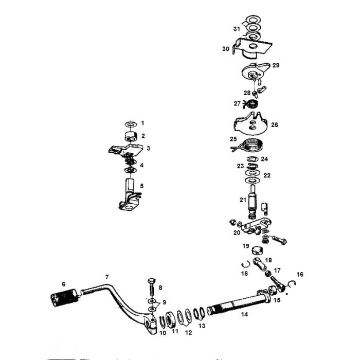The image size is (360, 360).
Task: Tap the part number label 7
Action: [x=107, y=277]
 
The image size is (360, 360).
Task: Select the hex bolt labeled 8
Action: [x=152, y=288]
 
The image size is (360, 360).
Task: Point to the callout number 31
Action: [x=237, y=29]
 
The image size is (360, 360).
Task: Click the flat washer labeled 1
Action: [x=131, y=124]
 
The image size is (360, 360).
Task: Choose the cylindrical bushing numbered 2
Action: [x=131, y=137]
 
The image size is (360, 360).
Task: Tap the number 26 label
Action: [x=275, y=125]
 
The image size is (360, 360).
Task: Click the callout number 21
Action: [x=243, y=200]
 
